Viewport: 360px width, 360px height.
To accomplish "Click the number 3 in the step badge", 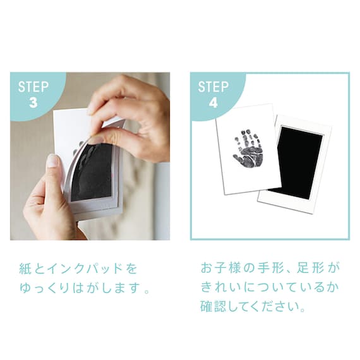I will (x=33, y=101).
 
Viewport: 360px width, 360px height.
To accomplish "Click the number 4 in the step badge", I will (x=213, y=101).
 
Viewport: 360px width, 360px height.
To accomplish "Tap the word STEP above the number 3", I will (x=33, y=87).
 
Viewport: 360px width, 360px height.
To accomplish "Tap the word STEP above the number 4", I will (x=213, y=87).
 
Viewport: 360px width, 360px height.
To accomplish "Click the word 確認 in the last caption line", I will (x=209, y=309).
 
